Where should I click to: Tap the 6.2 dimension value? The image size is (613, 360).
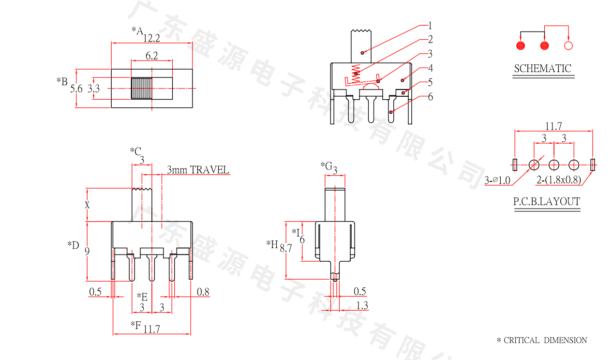click(151, 56)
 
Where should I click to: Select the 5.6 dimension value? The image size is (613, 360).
click(76, 89)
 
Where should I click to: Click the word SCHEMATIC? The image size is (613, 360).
click(542, 69)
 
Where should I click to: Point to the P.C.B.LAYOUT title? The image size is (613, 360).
click(547, 202)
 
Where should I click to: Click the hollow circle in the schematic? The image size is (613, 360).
click(568, 46)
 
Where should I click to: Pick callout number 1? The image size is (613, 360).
click(430, 26)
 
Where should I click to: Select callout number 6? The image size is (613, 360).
click(430, 97)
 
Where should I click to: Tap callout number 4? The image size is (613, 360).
click(430, 68)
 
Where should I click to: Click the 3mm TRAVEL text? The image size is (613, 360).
click(197, 170)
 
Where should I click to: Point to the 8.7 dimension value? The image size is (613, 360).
click(286, 248)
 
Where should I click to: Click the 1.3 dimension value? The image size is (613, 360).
click(361, 305)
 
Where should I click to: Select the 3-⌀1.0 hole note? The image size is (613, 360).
click(497, 181)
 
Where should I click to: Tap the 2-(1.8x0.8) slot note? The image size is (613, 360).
click(559, 181)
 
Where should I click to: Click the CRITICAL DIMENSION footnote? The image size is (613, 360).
click(542, 341)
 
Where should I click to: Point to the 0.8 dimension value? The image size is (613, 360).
click(203, 292)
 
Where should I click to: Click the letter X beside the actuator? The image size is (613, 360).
click(87, 205)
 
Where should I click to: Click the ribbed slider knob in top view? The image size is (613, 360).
click(142, 88)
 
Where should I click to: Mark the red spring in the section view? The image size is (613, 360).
click(357, 73)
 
